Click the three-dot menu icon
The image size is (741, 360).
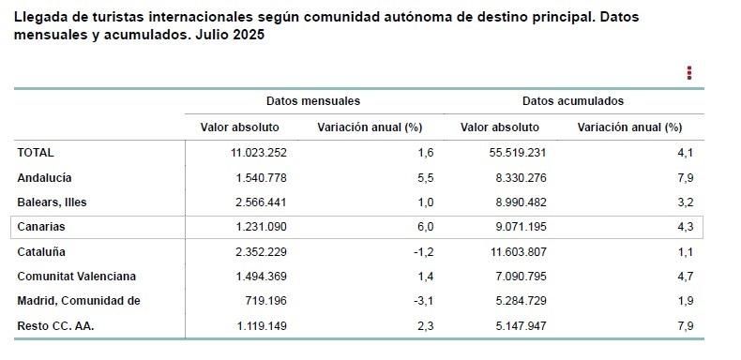(689, 73)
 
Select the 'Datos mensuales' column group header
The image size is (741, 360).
(312, 101)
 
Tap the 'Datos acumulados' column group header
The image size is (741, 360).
(572, 101)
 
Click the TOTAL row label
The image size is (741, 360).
(36, 152)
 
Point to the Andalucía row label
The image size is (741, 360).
(44, 177)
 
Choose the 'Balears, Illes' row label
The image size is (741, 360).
(52, 202)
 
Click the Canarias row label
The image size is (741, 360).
(41, 227)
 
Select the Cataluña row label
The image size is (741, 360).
(41, 251)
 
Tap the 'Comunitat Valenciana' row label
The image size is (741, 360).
(76, 277)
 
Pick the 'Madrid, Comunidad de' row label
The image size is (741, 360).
(78, 301)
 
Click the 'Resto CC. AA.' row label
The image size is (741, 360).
(55, 326)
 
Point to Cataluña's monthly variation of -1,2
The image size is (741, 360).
(424, 251)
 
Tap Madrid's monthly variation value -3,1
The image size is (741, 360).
(424, 301)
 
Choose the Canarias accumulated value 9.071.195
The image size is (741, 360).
(514, 227)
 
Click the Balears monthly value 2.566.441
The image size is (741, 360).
(250, 202)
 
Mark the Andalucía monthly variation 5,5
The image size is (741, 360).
(426, 177)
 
